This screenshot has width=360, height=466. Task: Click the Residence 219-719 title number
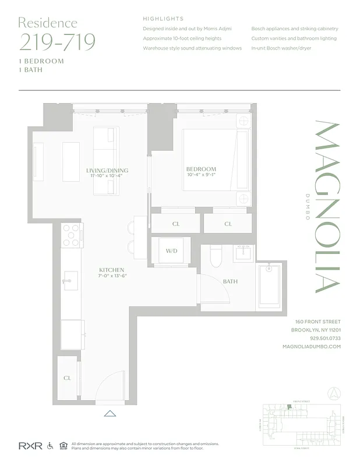click(57, 42)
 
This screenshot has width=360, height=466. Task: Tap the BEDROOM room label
click(202, 170)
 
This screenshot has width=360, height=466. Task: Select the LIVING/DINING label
click(107, 171)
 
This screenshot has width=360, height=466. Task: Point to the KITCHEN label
click(112, 270)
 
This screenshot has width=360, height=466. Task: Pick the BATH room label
click(230, 282)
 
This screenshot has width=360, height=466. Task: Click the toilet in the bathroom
click(216, 255)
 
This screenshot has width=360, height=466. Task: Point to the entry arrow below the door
click(110, 414)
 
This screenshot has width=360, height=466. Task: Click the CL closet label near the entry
click(67, 378)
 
